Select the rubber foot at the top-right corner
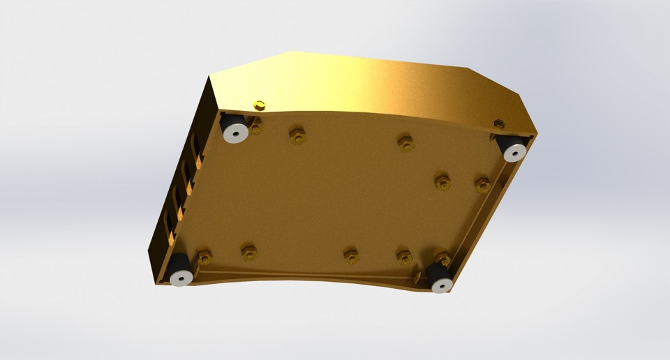(512, 147)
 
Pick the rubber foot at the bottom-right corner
(440, 278)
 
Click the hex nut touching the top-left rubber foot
(255, 128)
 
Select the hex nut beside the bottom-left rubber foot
(204, 258)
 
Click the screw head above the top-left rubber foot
(260, 105)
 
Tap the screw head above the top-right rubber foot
(498, 123)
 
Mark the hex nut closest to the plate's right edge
(482, 186)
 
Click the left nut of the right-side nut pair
(442, 183)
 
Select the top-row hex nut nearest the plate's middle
(405, 144)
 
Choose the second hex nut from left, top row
(298, 136)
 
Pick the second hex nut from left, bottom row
(249, 252)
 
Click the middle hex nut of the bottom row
(352, 256)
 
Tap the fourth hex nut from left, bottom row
(405, 257)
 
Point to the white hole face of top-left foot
(234, 133)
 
